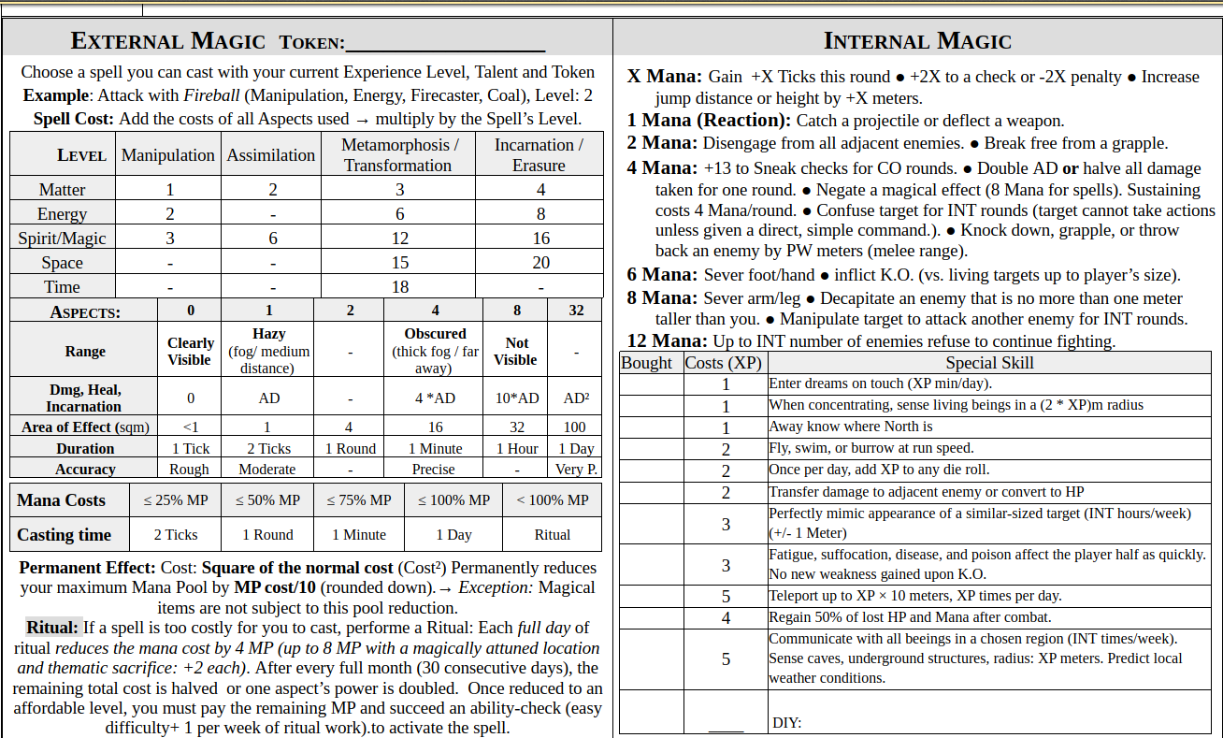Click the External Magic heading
pyautogui.click(x=168, y=41)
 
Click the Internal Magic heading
pyautogui.click(x=917, y=41)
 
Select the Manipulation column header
pyautogui.click(x=168, y=155)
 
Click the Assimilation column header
pyautogui.click(x=271, y=155)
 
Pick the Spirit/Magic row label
pyautogui.click(x=63, y=239)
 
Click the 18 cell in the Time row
pyautogui.click(x=399, y=287)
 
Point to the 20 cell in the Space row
pyautogui.click(x=540, y=263)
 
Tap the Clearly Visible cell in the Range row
pyautogui.click(x=191, y=351)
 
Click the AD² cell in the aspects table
pyautogui.click(x=576, y=398)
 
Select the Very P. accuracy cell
pyautogui.click(x=576, y=470)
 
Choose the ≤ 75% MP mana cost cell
pyautogui.click(x=359, y=500)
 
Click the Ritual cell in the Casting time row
pyautogui.click(x=552, y=535)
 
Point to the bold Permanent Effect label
pyautogui.click(x=87, y=568)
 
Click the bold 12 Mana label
pyautogui.click(x=667, y=340)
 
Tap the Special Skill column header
pyautogui.click(x=989, y=363)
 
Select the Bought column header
pyautogui.click(x=646, y=363)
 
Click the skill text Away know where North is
pyautogui.click(x=851, y=427)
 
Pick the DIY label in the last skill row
pyautogui.click(x=786, y=723)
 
